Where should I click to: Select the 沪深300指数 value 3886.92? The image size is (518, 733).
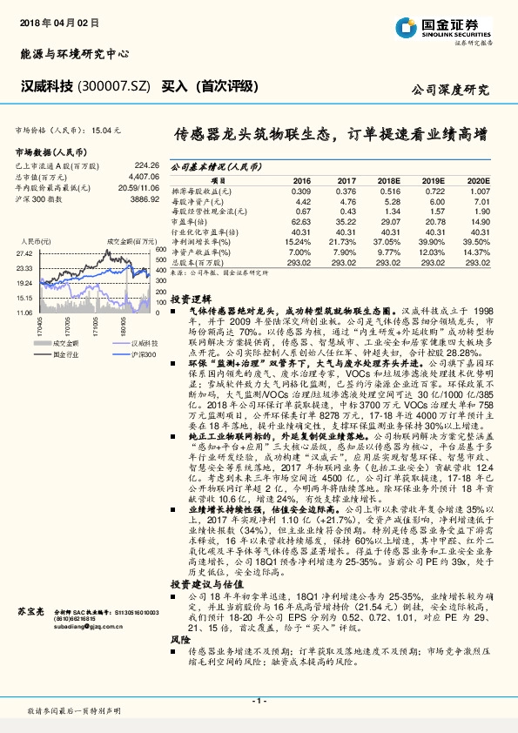[x=143, y=198]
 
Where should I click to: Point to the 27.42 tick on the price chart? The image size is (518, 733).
[x=24, y=252]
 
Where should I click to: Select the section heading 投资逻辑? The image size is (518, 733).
[x=190, y=297]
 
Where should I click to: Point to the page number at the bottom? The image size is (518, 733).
[x=259, y=701]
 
